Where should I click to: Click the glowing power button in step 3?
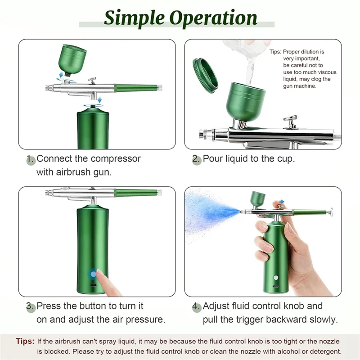[93, 274]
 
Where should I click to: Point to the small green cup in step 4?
[258, 199]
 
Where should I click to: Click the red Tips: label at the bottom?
[25, 342]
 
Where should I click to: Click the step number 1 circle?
[30, 159]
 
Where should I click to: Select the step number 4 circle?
[197, 307]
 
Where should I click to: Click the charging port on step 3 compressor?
[93, 286]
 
